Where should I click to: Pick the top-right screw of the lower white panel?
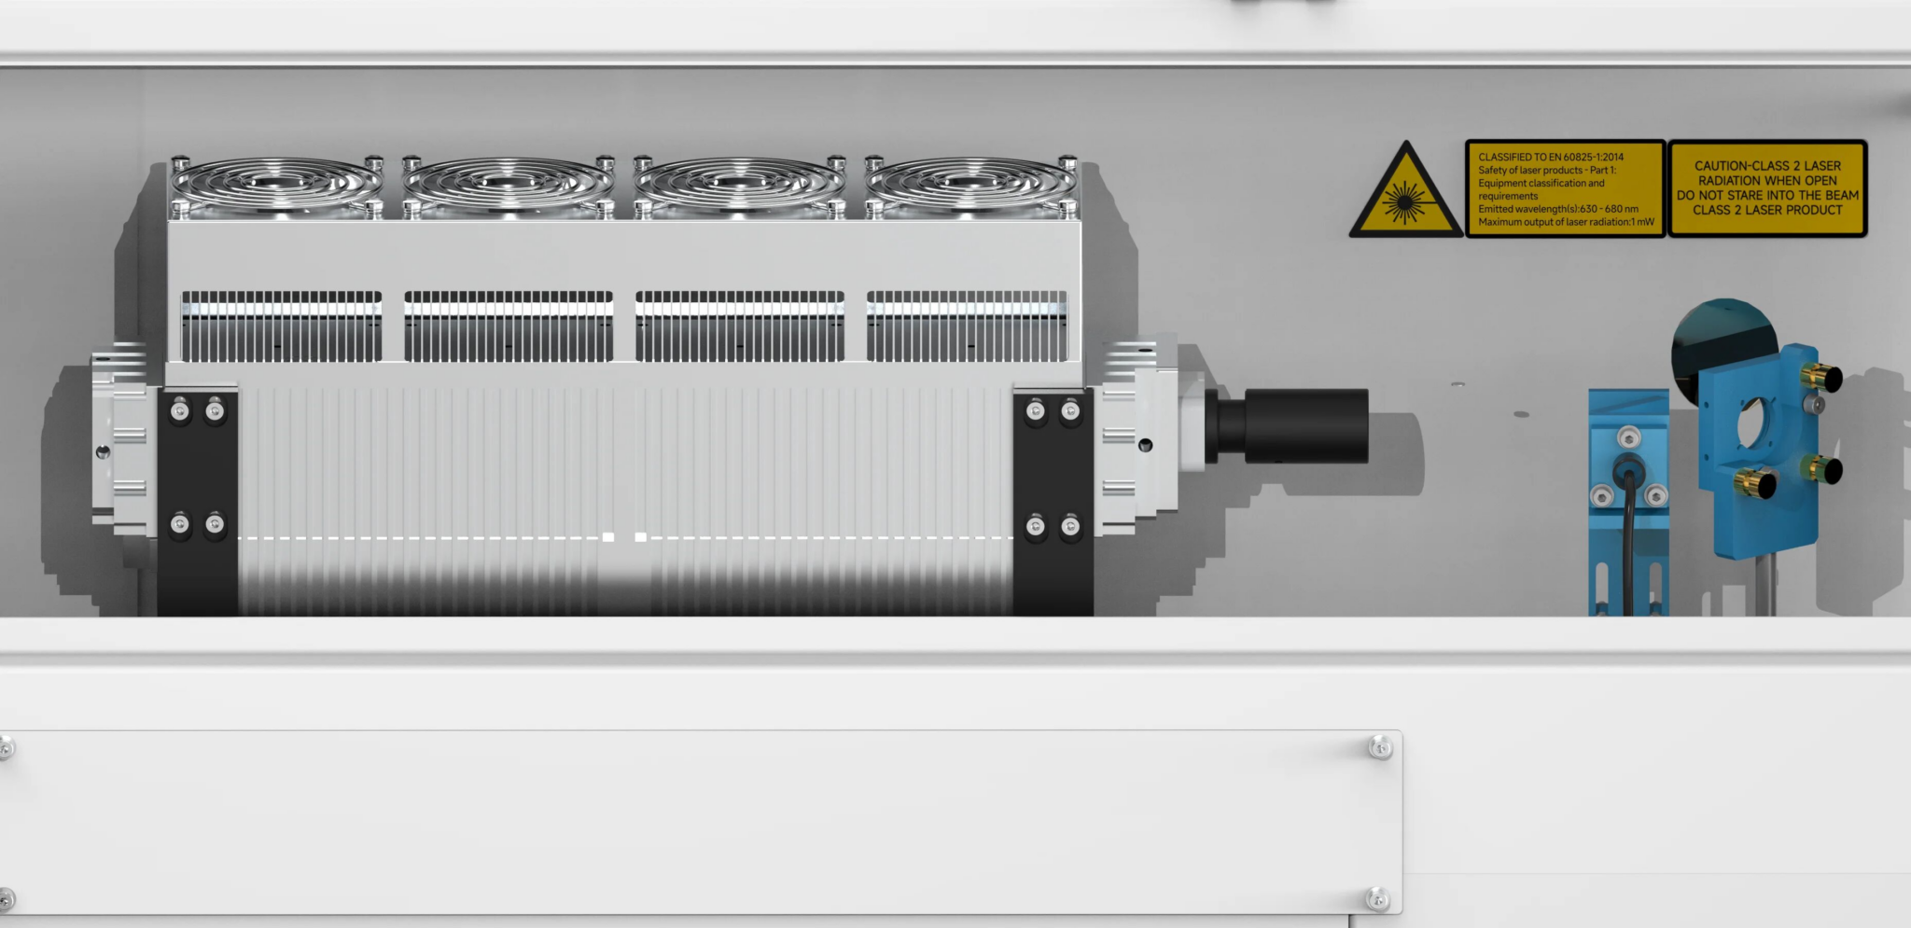(x=1380, y=747)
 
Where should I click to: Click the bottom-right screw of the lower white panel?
(x=1378, y=899)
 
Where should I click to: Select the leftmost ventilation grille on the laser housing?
(x=281, y=326)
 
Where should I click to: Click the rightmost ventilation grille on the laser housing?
(x=966, y=326)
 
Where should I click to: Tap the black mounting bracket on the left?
(x=197, y=504)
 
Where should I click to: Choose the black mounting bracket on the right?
(x=1053, y=504)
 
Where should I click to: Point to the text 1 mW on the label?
(x=1642, y=222)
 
